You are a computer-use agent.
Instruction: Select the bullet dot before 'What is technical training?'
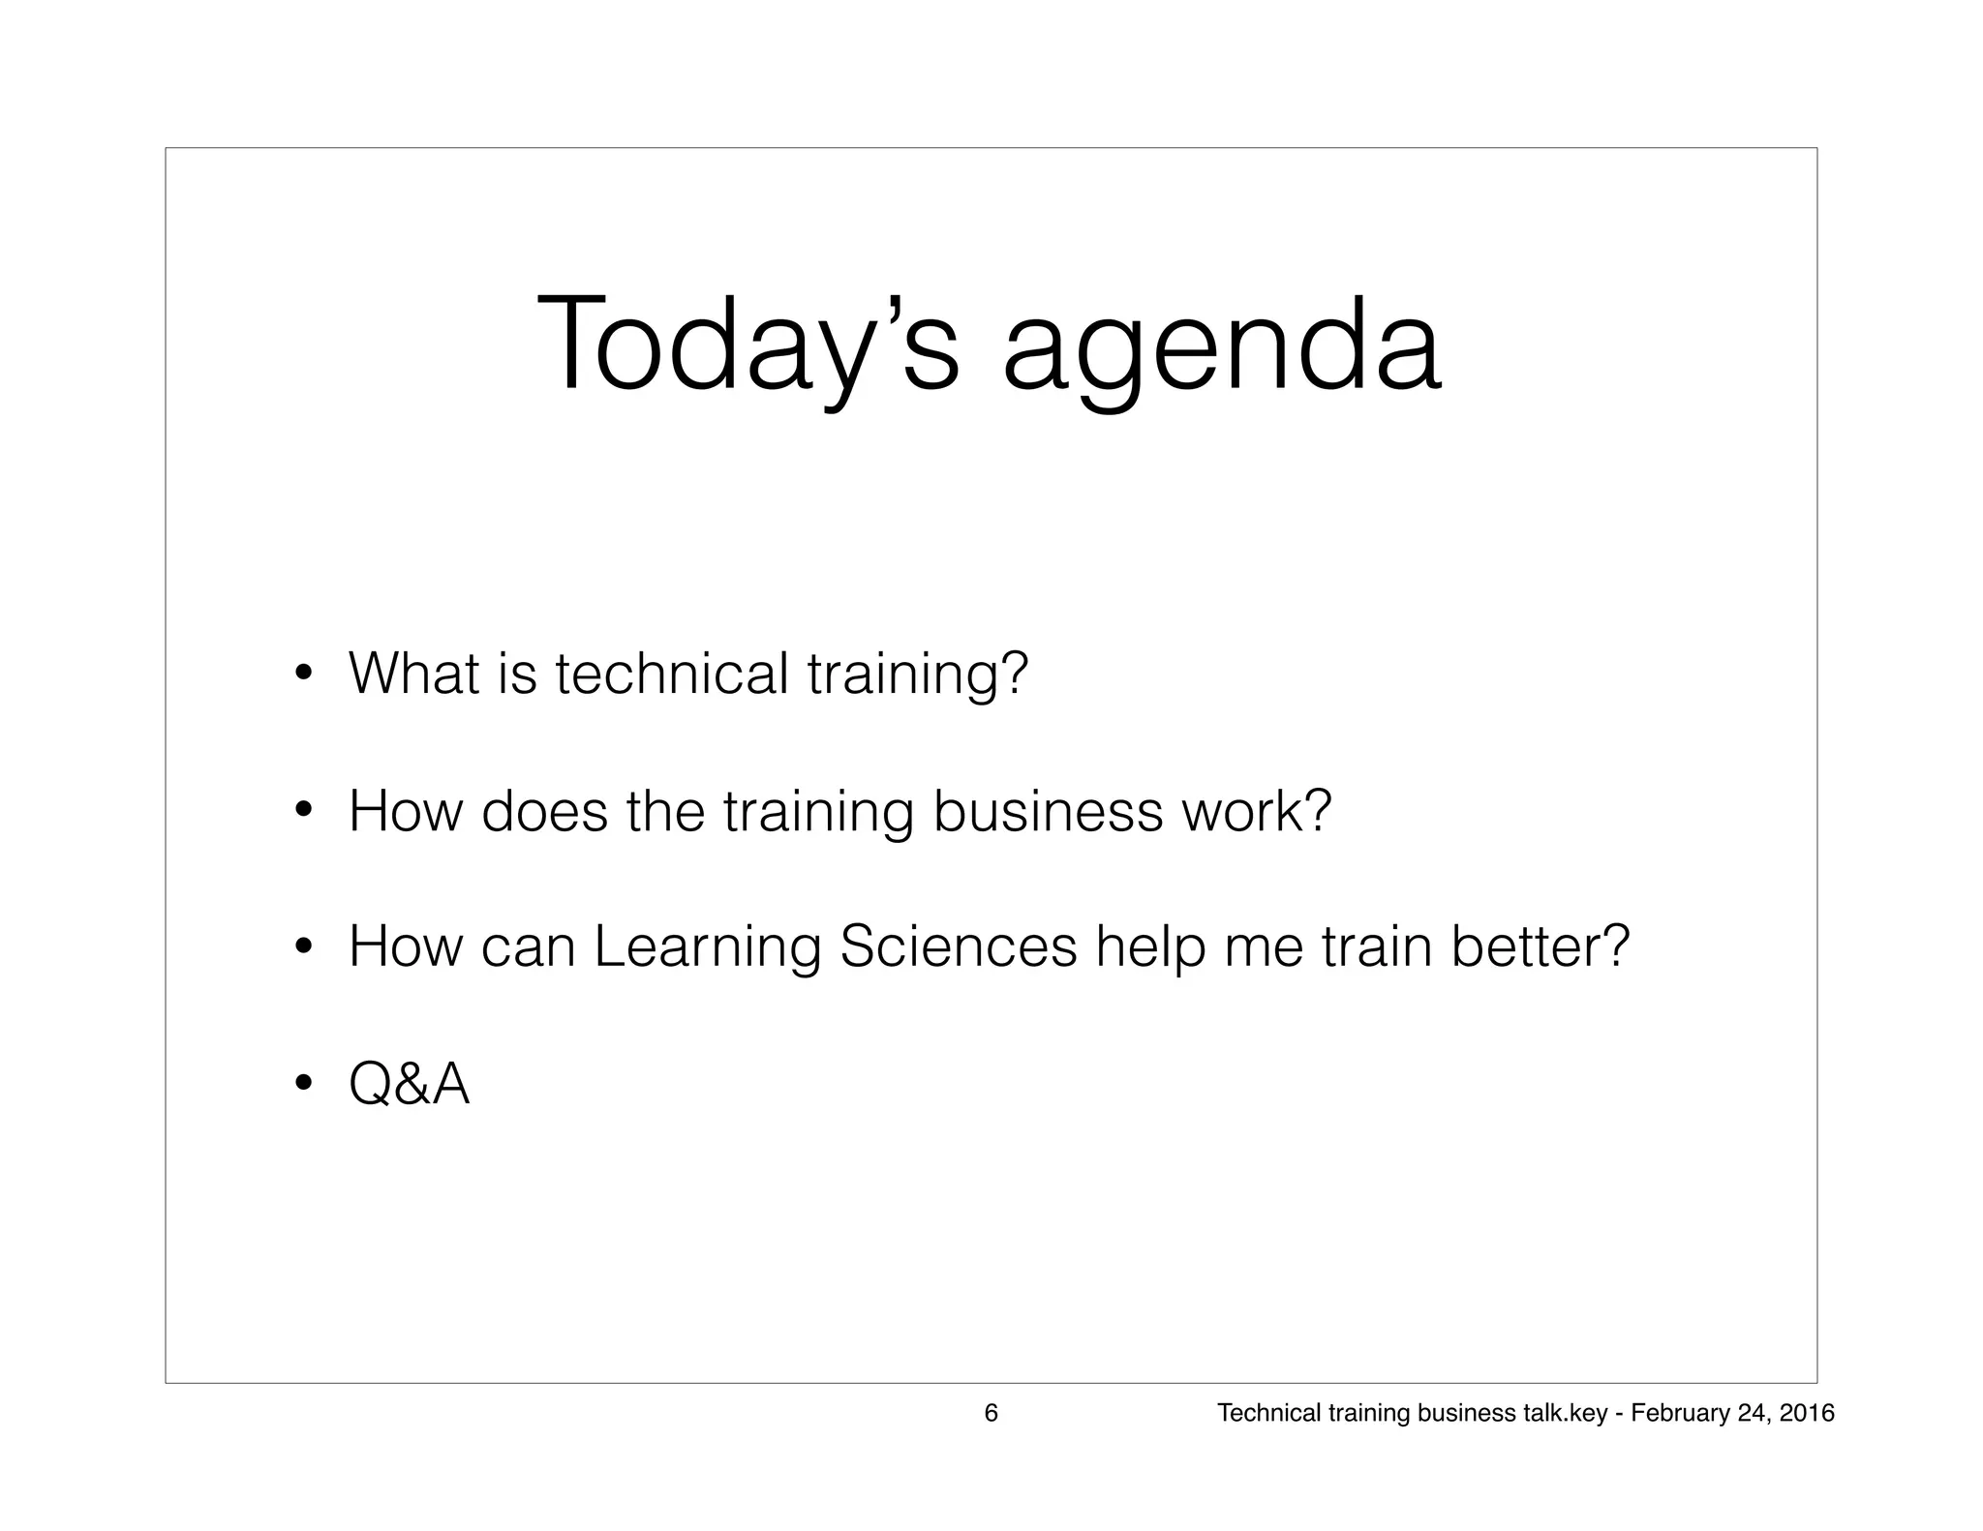coord(303,674)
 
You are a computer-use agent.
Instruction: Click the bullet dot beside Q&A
coord(303,1083)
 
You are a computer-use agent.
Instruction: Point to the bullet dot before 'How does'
coord(303,811)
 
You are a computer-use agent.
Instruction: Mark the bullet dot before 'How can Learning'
coord(303,946)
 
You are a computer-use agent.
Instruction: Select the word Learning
coord(707,946)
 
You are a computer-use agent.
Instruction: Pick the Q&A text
coord(409,1083)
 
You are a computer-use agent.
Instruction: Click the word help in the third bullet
coord(1150,946)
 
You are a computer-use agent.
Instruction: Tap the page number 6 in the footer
coord(991,1413)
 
